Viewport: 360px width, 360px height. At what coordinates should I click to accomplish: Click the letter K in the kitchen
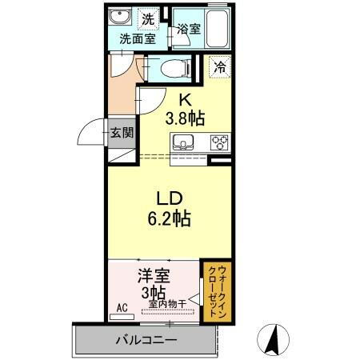(185, 100)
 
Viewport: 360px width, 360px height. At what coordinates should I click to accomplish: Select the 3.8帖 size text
(185, 119)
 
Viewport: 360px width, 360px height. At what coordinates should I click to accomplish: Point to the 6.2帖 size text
(167, 218)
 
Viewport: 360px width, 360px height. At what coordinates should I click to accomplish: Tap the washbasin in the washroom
(122, 18)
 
